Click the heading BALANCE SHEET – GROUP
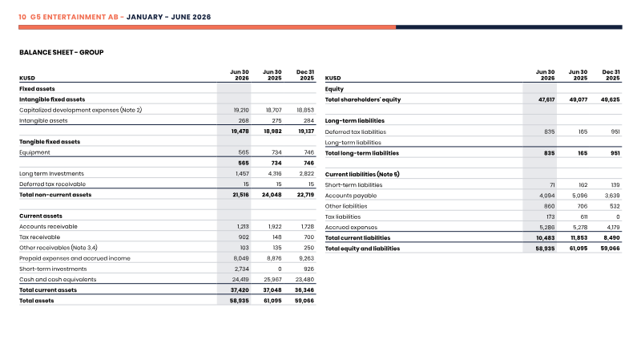62,52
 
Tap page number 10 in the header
22,17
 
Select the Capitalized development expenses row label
81,110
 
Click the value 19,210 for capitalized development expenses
241,110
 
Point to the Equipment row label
34,152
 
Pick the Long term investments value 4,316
274,174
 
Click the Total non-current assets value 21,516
241,195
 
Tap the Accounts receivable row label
48,227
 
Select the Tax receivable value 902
244,237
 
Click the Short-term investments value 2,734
242,269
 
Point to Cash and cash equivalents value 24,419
240,280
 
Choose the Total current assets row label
48,290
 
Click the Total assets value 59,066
304,301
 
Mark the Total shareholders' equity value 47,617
546,99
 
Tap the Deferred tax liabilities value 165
583,131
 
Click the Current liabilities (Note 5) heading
362,174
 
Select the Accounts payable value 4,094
547,196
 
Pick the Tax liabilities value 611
584,216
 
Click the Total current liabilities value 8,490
611,238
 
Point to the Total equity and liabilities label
363,249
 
